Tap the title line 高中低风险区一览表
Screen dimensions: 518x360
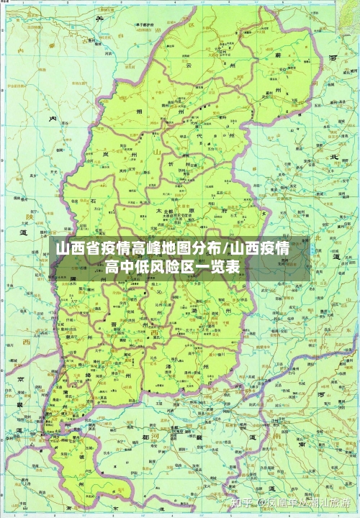(x=173, y=268)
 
